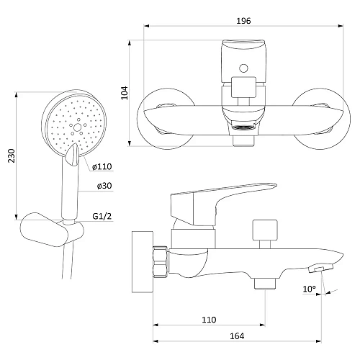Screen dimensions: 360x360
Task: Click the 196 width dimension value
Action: tap(243, 21)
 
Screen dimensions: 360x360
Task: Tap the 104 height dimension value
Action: tap(125, 93)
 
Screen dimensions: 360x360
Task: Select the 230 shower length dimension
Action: tap(12, 156)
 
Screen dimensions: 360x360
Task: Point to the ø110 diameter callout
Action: tap(102, 166)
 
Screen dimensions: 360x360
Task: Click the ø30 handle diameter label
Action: tap(104, 186)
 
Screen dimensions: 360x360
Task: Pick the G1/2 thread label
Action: tap(102, 216)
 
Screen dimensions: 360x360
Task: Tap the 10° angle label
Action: tap(309, 289)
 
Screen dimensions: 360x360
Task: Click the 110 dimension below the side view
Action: tap(209, 320)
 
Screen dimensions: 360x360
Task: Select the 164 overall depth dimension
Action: tap(237, 336)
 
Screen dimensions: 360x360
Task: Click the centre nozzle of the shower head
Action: tap(77, 127)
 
